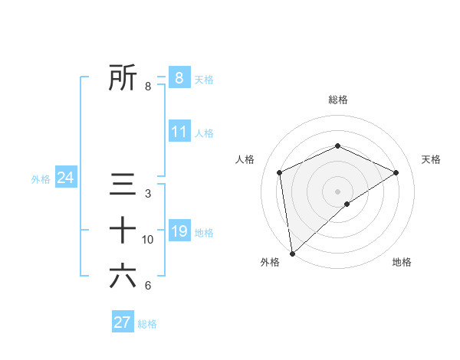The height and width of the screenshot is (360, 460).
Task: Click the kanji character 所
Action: pos(123,77)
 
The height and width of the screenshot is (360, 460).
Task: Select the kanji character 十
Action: pos(123,230)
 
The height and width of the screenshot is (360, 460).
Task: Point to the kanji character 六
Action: pos(123,276)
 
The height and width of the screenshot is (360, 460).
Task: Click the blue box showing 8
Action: pos(179,77)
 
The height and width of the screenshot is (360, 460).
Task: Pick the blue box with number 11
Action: pos(179,132)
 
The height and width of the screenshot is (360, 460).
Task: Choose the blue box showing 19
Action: pos(179,231)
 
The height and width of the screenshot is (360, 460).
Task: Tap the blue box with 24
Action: pos(65,178)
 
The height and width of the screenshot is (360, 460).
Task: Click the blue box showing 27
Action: pos(123,322)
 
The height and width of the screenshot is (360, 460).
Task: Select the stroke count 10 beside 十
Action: pos(148,240)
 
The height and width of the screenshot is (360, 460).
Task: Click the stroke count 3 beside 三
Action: pos(148,194)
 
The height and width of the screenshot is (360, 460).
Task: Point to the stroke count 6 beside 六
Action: pos(148,286)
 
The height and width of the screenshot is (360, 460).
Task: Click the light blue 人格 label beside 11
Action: pos(204,133)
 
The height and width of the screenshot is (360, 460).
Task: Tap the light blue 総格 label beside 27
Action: pos(147,324)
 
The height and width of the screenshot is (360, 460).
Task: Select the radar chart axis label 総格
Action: pos(338,100)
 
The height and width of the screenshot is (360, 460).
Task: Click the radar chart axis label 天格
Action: pos(431,159)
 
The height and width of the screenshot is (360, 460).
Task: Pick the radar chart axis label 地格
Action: pos(402,263)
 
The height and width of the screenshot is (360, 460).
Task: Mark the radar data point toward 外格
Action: pos(291,253)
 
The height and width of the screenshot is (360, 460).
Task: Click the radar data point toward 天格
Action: pos(396,172)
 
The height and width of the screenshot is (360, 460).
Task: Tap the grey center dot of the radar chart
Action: pos(337,191)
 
